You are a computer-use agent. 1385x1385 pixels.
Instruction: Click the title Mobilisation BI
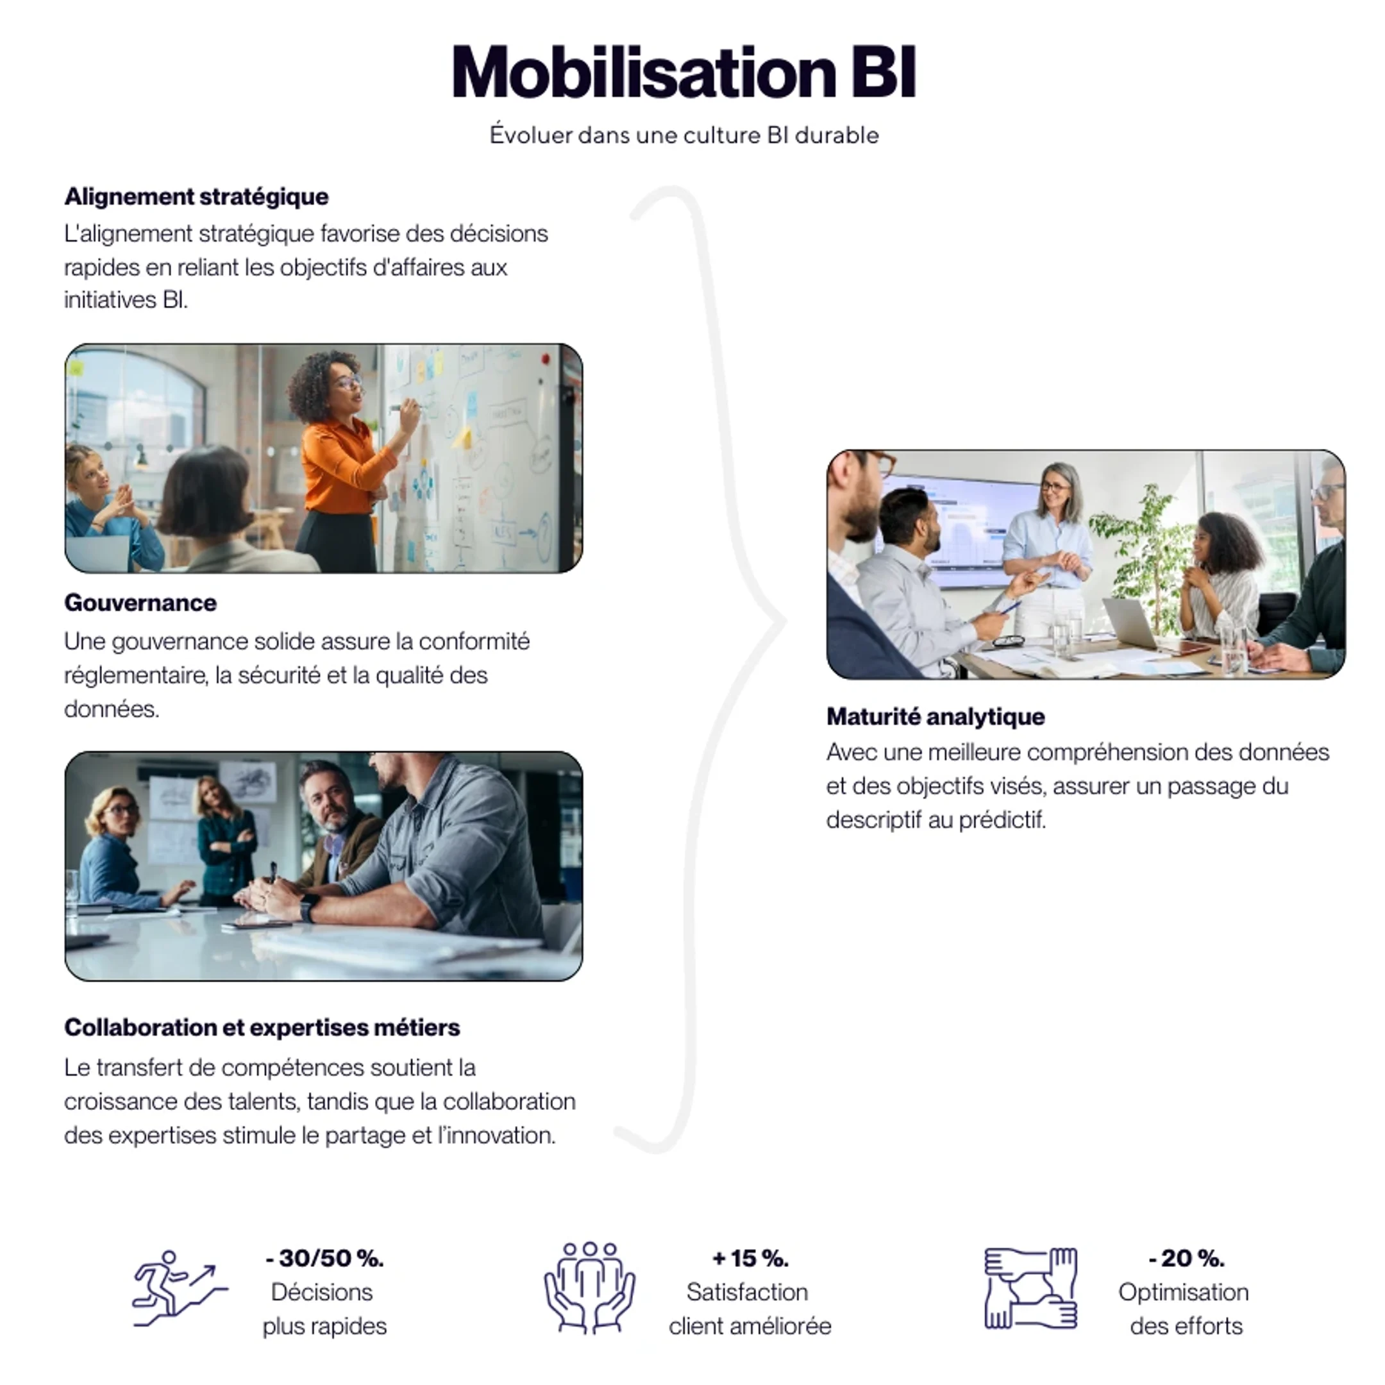(684, 72)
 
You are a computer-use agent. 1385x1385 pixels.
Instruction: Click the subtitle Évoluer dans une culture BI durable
(684, 135)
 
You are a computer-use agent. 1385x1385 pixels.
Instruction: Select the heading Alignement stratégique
(196, 196)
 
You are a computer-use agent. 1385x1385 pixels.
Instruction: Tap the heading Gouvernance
(140, 603)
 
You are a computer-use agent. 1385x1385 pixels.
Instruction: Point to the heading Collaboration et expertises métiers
(262, 1027)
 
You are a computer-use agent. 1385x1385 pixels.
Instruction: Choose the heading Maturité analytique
(936, 716)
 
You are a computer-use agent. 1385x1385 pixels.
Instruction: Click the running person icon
(180, 1289)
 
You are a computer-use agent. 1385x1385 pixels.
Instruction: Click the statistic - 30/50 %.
(324, 1258)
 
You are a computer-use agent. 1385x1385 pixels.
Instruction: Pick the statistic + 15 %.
(750, 1258)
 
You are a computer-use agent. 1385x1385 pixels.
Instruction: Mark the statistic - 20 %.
(1186, 1258)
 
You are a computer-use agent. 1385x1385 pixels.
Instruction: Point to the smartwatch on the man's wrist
(309, 909)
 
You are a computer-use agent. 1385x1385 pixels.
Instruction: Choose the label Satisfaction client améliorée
(749, 1309)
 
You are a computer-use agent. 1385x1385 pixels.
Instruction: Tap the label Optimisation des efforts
(1185, 1309)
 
